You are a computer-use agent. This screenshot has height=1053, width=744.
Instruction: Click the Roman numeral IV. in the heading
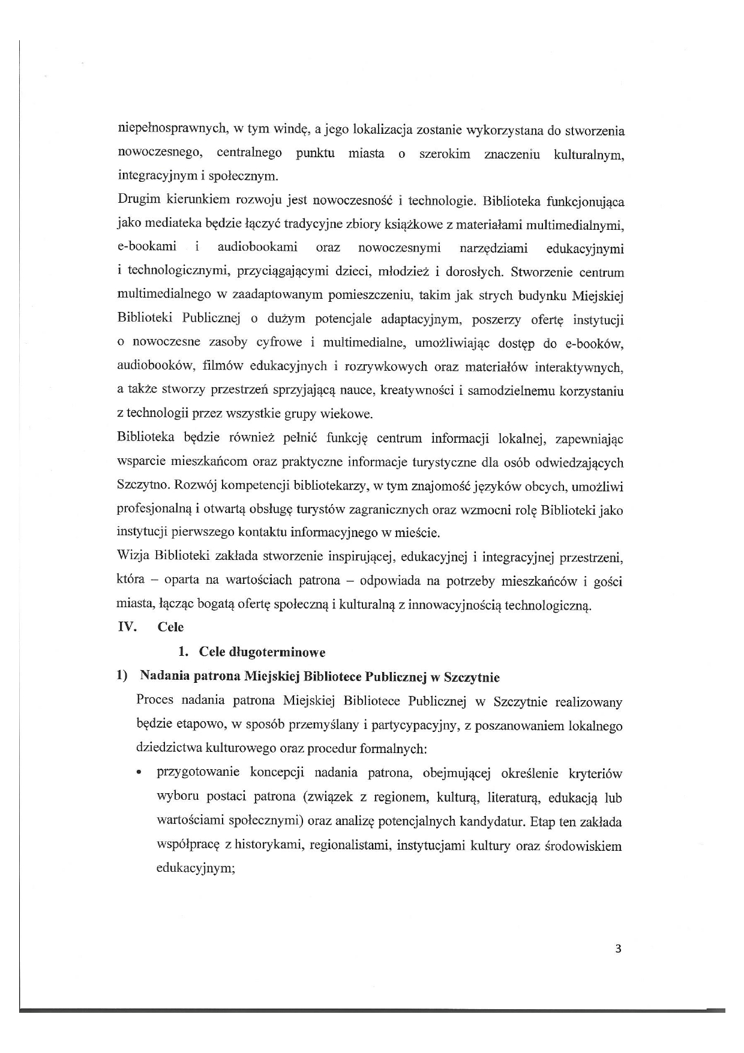click(x=127, y=627)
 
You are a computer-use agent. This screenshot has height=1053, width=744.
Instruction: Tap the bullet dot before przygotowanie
click(x=139, y=774)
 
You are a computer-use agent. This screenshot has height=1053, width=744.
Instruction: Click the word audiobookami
click(x=257, y=248)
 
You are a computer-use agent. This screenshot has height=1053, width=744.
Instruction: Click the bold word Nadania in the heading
click(x=164, y=677)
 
